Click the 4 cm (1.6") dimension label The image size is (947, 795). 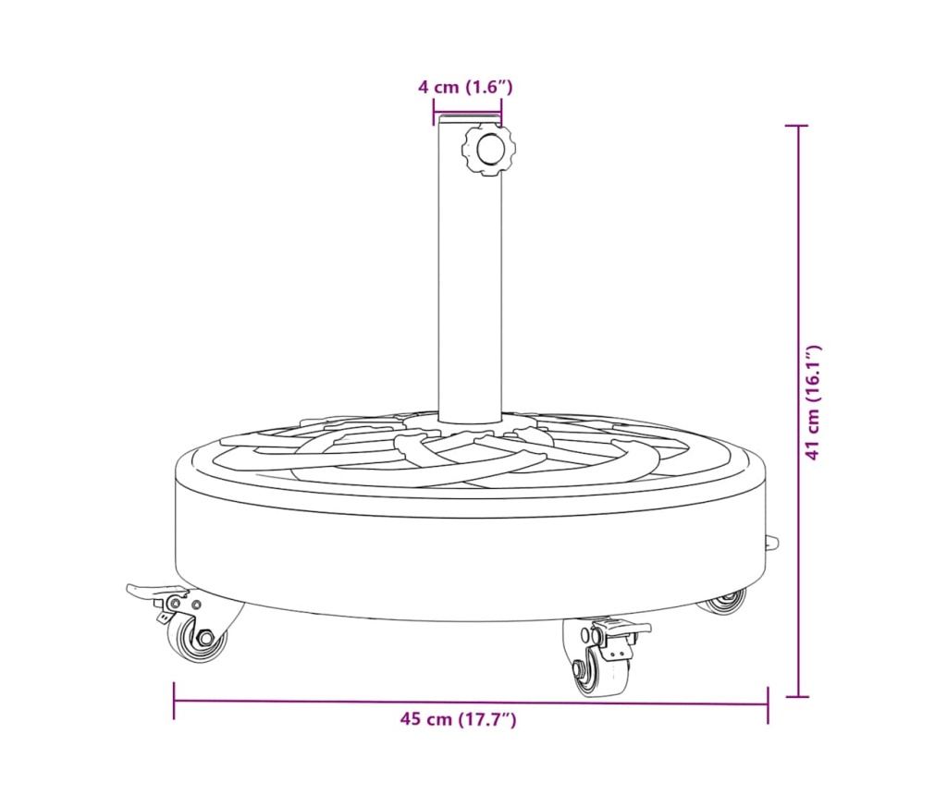click(x=466, y=87)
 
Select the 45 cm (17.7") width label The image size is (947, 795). click(x=459, y=719)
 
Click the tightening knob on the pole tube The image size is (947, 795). click(x=488, y=150)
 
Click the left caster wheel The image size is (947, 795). click(x=201, y=637)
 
